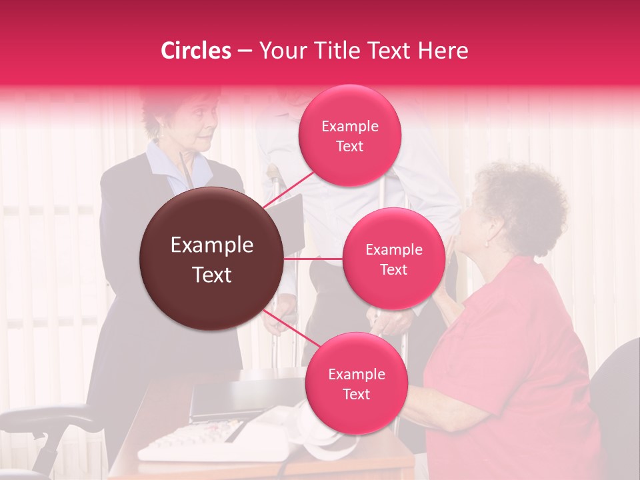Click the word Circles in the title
(196, 51)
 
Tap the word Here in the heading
(443, 51)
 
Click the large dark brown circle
(211, 259)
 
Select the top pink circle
(350, 135)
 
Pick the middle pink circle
(393, 259)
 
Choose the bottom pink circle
(356, 383)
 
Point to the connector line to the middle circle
(313, 259)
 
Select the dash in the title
(245, 51)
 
